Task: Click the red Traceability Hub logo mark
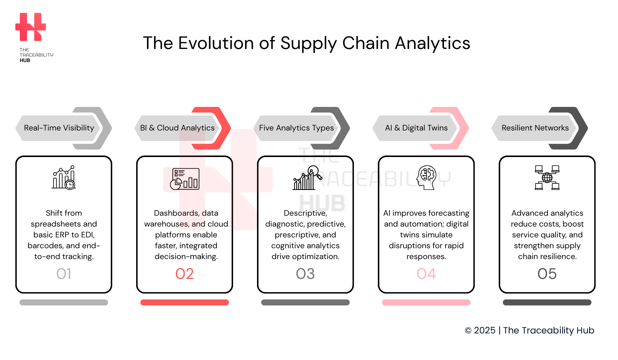[x=31, y=27]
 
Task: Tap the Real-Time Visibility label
[x=59, y=128]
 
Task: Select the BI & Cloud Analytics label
[x=177, y=128]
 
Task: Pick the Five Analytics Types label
[x=296, y=128]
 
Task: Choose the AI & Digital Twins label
[x=416, y=128]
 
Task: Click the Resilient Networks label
[x=535, y=128]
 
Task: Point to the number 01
[x=64, y=274]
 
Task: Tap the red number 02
[x=184, y=274]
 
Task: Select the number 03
[x=305, y=274]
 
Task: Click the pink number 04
[x=426, y=274]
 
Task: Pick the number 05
[x=547, y=274]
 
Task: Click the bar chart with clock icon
[x=64, y=178]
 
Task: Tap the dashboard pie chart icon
[x=185, y=179]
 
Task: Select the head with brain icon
[x=426, y=178]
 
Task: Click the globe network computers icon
[x=547, y=178]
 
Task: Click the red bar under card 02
[x=184, y=302]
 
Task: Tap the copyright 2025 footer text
[x=529, y=330]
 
